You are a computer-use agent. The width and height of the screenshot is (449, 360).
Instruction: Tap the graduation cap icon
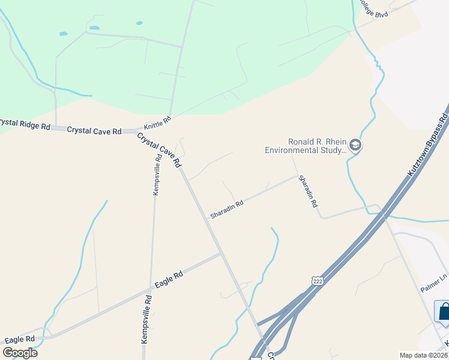pyautogui.click(x=355, y=146)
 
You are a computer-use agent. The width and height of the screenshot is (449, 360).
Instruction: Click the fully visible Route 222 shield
pyautogui.click(x=318, y=280)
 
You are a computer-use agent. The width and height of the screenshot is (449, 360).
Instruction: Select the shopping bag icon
pyautogui.click(x=444, y=312)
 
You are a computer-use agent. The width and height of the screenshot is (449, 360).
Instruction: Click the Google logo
pyautogui.click(x=20, y=353)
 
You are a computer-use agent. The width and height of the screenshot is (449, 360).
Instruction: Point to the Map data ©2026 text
pyautogui.click(x=423, y=355)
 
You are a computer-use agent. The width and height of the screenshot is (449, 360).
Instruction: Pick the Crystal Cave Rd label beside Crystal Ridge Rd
pyautogui.click(x=94, y=130)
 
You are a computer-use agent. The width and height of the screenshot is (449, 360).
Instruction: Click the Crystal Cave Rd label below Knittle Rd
pyautogui.click(x=159, y=150)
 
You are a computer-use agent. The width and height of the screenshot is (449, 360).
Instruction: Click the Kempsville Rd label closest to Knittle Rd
pyautogui.click(x=157, y=174)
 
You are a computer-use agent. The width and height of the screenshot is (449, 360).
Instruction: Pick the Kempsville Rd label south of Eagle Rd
pyautogui.click(x=145, y=318)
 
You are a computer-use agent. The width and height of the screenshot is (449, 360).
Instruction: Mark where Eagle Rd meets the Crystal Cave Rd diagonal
pyautogui.click(x=222, y=254)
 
